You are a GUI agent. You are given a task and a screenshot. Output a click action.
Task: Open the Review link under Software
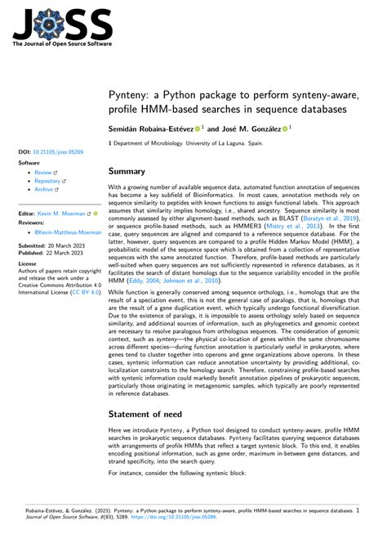(45, 173)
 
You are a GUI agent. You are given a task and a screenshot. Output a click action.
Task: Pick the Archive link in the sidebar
(46, 189)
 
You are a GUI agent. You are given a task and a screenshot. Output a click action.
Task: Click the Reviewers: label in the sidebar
(31, 221)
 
